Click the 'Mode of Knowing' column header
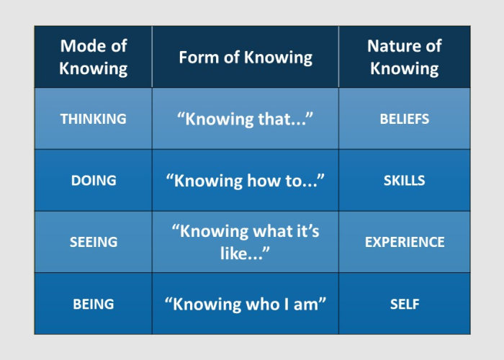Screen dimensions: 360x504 [94, 57]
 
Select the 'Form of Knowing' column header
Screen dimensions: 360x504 [246, 57]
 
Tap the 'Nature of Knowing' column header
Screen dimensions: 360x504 [403, 57]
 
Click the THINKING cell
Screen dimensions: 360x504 [94, 119]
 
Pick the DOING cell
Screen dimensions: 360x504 [94, 181]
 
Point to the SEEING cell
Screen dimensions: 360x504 [94, 242]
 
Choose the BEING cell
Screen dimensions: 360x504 [94, 304]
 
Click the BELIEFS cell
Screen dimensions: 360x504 [404, 119]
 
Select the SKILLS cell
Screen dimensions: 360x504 [404, 181]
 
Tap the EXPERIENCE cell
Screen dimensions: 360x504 [404, 242]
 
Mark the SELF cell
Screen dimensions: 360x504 [404, 304]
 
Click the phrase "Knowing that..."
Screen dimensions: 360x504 [246, 119]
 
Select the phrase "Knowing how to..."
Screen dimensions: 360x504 [246, 181]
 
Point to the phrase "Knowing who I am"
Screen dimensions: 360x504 [246, 304]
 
